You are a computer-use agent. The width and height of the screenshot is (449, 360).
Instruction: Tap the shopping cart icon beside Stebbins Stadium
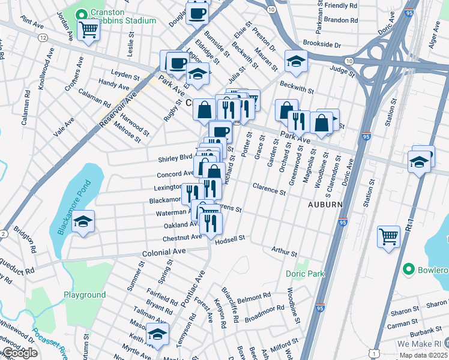pos(88,29)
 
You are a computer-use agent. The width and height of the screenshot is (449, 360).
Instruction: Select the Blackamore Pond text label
pos(73,207)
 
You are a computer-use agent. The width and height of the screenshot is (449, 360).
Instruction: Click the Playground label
pos(85,295)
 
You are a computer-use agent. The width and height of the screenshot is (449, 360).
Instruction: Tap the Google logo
pos(20,353)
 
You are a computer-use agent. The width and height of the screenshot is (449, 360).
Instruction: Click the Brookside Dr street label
pos(322,45)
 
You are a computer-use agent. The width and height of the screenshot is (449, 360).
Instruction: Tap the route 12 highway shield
pos(43,38)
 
